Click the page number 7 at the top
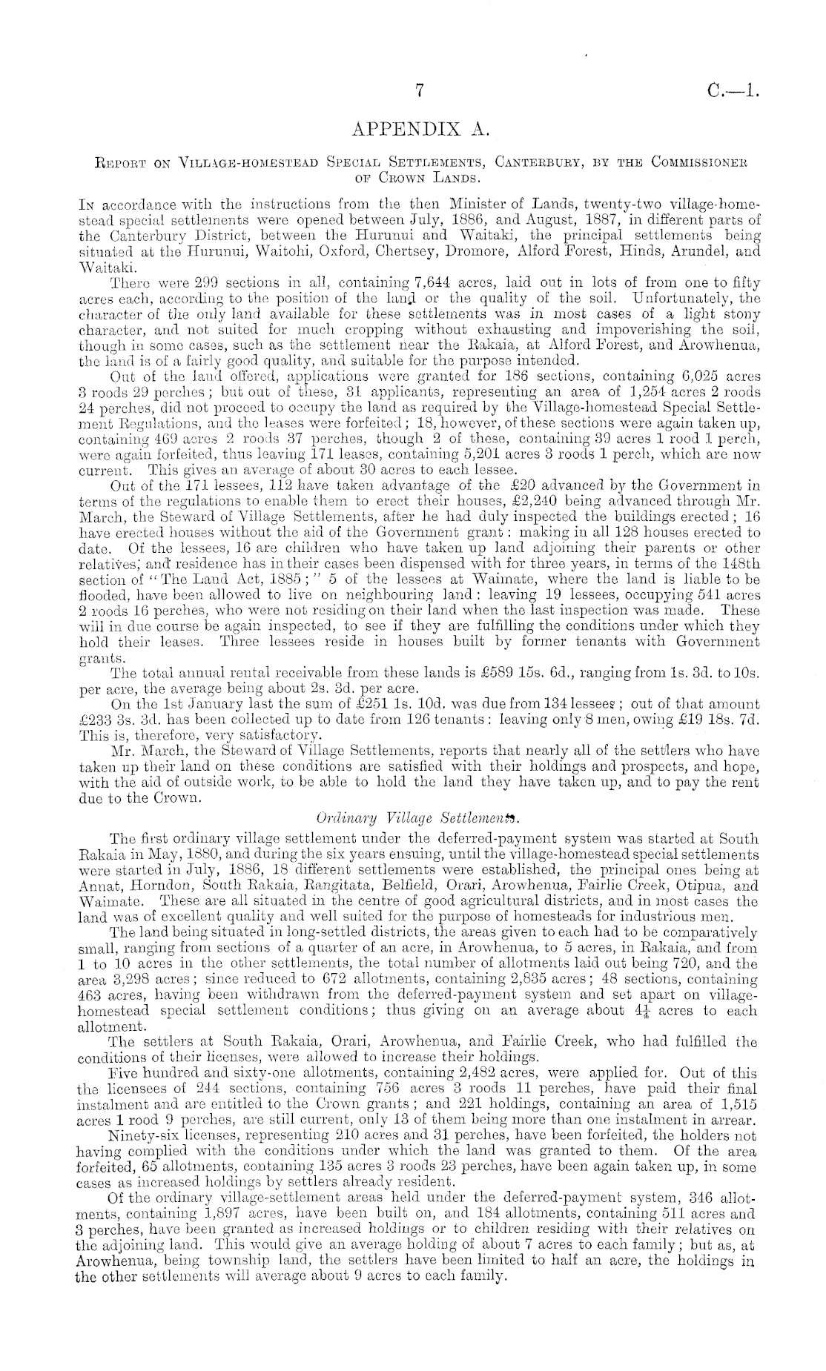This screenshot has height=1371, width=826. (419, 91)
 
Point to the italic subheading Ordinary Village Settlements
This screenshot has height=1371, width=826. (418, 818)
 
